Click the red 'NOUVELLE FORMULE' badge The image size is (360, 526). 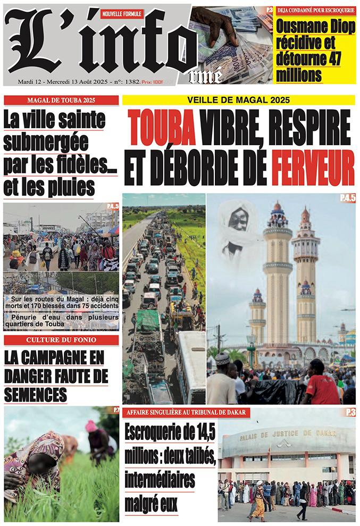[x=122, y=13]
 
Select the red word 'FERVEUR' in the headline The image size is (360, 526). [x=313, y=168]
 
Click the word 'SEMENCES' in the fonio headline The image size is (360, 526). [x=36, y=394]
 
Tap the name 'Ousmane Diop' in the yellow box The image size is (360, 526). [x=315, y=27]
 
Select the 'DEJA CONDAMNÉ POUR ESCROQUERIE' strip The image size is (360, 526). [x=315, y=10]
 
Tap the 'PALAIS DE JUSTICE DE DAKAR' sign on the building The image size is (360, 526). [x=287, y=435]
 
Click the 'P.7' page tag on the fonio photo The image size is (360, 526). [x=115, y=410]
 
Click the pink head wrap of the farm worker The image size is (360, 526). [x=91, y=426]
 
